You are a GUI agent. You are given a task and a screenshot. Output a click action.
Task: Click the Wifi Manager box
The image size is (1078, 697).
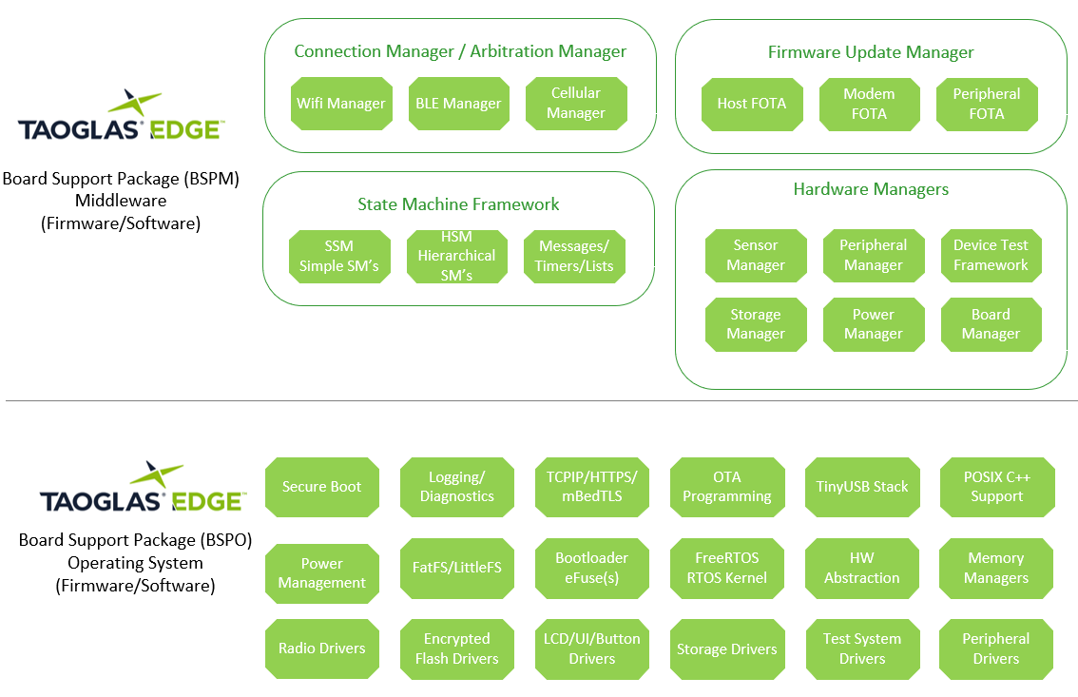click(341, 104)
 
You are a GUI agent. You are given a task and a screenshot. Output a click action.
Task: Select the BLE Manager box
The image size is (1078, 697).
click(458, 104)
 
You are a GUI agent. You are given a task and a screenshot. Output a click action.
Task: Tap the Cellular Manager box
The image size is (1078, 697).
click(576, 104)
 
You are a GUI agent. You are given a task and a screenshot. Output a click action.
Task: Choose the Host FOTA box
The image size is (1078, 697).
click(752, 104)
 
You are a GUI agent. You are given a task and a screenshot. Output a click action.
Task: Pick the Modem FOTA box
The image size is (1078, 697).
click(869, 104)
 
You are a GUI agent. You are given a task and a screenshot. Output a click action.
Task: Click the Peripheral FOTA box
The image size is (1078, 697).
click(987, 104)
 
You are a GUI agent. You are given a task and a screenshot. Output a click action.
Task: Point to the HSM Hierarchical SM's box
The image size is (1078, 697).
click(456, 256)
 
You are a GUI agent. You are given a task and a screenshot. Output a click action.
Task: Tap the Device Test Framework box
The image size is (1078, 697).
click(991, 256)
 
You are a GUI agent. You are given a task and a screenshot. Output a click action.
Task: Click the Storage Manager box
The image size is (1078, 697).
click(756, 324)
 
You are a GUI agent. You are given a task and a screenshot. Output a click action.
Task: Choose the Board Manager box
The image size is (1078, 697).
click(991, 324)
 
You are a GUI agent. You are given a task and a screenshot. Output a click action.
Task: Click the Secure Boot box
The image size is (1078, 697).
click(322, 487)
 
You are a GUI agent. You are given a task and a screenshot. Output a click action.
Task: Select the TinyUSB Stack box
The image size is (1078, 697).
click(862, 487)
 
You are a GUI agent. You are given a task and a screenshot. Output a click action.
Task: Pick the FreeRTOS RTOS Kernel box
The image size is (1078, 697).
click(727, 568)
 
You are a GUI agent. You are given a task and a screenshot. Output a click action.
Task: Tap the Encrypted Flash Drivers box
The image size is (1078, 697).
click(457, 649)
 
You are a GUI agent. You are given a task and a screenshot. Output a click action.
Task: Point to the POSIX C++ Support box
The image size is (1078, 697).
click(997, 487)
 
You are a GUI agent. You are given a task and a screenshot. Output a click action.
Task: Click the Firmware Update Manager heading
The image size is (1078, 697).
click(871, 52)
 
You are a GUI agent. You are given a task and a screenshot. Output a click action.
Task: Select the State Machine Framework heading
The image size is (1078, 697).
click(458, 204)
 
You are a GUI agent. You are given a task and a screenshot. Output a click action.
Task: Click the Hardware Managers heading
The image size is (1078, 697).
click(871, 189)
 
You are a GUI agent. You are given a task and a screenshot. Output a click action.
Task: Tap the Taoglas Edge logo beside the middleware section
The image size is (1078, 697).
click(120, 118)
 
